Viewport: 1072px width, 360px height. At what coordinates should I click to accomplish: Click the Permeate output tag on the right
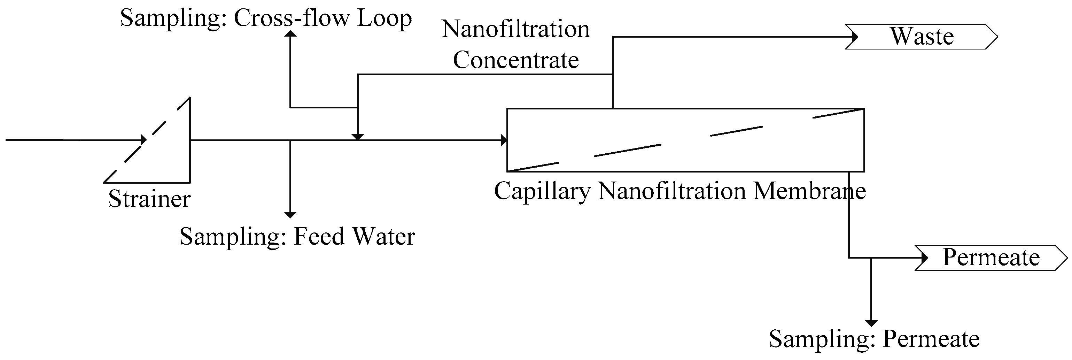(x=991, y=258)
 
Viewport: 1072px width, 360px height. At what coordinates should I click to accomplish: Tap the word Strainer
(x=149, y=199)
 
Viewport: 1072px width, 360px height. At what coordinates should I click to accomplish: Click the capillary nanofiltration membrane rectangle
(x=685, y=140)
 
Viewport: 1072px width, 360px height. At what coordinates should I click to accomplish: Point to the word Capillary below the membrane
(x=542, y=191)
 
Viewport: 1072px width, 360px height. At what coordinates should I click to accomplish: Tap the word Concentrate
(x=515, y=60)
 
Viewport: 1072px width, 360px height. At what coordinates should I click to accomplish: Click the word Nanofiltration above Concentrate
(x=515, y=30)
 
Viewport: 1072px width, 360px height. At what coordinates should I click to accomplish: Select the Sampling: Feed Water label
(x=297, y=237)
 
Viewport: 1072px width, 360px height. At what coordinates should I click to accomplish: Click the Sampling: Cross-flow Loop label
(x=266, y=19)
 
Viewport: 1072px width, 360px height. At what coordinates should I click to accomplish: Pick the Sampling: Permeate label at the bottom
(x=874, y=339)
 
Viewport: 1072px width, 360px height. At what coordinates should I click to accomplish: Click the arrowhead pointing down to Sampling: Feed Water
(x=290, y=214)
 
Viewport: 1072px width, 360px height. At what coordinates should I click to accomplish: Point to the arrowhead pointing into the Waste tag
(x=854, y=37)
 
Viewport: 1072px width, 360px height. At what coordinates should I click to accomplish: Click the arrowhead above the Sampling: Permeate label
(x=871, y=323)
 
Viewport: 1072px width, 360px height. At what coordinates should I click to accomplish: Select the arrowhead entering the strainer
(x=143, y=140)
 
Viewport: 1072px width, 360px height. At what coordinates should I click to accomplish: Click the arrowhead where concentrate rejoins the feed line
(x=357, y=137)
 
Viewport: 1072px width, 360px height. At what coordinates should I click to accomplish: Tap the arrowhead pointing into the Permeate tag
(x=924, y=258)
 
